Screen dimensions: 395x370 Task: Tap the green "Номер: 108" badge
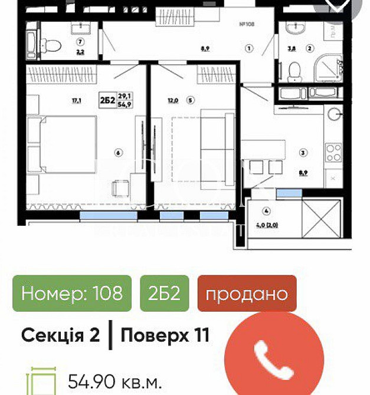tap(72, 293)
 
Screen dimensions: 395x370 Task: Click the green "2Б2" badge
tap(164, 293)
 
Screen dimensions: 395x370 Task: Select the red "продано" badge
tap(247, 293)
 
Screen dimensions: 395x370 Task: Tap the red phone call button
tap(275, 360)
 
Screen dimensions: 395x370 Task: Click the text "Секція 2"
tap(61, 335)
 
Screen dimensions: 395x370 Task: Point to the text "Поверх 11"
tap(165, 335)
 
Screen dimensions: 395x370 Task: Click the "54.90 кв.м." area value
tap(114, 382)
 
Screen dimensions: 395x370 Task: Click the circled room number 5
tap(190, 100)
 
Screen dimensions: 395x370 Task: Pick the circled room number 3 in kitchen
tap(303, 153)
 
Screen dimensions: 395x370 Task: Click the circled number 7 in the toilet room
tap(80, 42)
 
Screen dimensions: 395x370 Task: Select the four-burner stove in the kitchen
tap(333, 153)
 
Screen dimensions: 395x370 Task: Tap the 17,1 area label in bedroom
tap(76, 101)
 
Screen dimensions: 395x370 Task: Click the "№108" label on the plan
tap(246, 24)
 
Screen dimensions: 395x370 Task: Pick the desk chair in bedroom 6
tap(122, 189)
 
